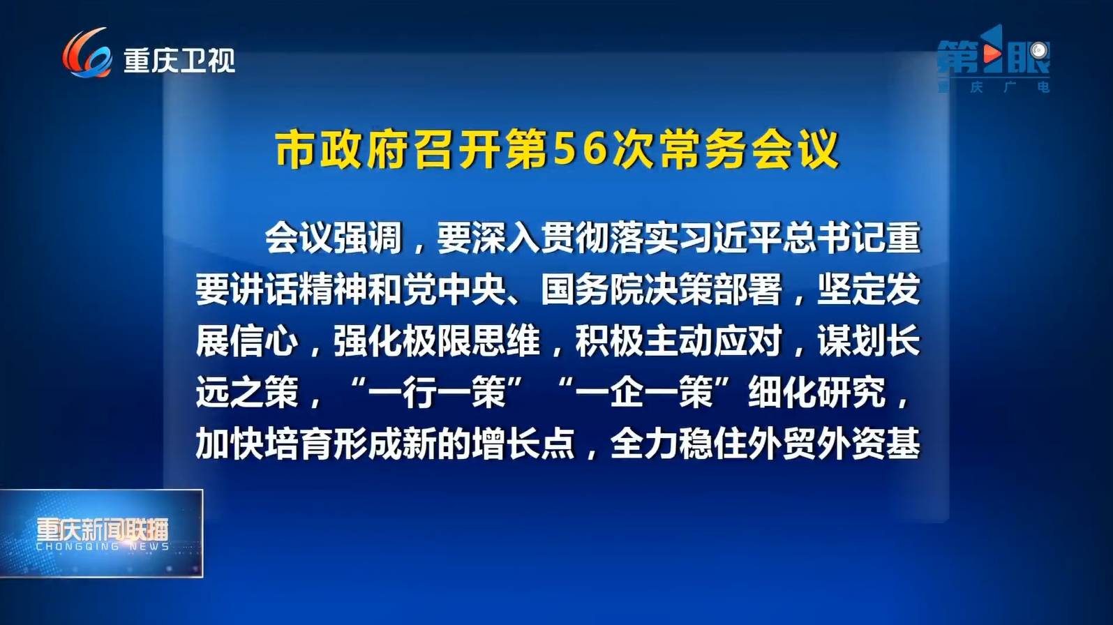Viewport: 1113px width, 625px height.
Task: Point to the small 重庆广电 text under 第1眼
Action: coord(993,87)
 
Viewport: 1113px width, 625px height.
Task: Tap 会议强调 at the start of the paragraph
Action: coord(334,237)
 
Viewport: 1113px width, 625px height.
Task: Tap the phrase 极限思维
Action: coord(472,341)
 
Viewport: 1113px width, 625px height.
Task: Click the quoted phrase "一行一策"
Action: coord(438,393)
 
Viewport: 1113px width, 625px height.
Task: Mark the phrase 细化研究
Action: coord(816,393)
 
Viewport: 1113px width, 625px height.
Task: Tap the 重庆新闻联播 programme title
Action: coord(103,530)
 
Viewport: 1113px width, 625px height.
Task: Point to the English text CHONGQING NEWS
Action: coord(103,546)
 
